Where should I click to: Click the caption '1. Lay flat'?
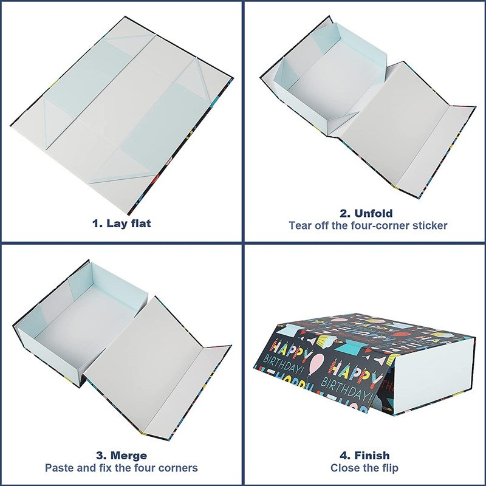click(x=122, y=223)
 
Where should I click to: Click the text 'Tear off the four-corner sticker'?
click(x=368, y=225)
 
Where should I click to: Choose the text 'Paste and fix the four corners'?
click(x=121, y=468)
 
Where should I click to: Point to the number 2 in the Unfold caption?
click(x=343, y=213)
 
